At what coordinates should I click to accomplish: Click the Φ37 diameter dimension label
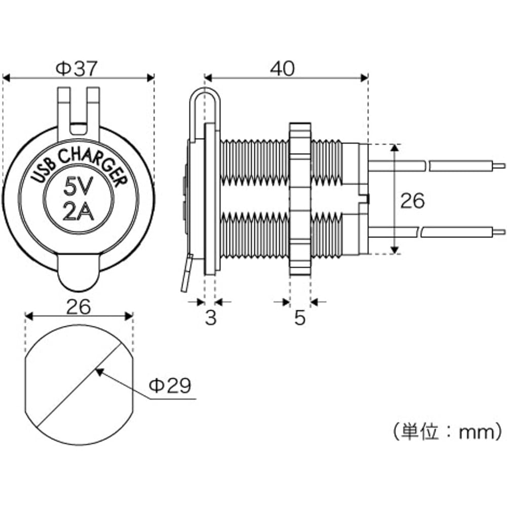pyautogui.click(x=76, y=69)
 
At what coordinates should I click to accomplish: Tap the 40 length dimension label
pyautogui.click(x=282, y=69)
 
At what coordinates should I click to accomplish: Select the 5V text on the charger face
pyautogui.click(x=77, y=189)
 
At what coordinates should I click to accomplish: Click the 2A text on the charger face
pyautogui.click(x=78, y=212)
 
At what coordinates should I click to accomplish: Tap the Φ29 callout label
pyautogui.click(x=169, y=386)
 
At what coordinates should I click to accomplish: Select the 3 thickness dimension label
pyautogui.click(x=210, y=318)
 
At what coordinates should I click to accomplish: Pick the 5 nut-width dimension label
pyautogui.click(x=300, y=318)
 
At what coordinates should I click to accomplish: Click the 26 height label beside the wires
pyautogui.click(x=412, y=201)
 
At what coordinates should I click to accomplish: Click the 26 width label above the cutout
pyautogui.click(x=78, y=306)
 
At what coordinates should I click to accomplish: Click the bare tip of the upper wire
pyautogui.click(x=500, y=165)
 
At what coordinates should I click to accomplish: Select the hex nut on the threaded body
pyautogui.click(x=300, y=199)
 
